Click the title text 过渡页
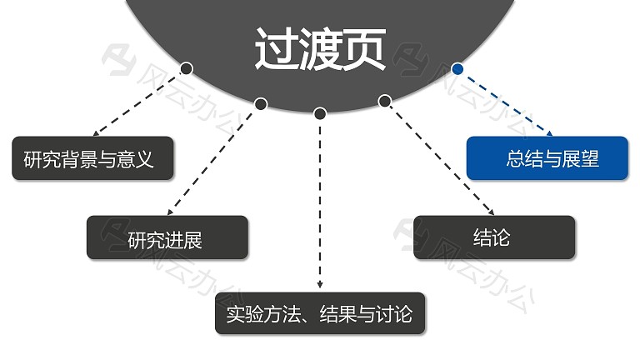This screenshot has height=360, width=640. [320, 49]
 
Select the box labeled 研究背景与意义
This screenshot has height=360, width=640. [92, 158]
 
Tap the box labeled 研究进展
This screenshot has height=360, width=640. [167, 237]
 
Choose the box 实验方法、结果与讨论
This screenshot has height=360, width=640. [320, 313]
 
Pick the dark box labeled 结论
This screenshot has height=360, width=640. [494, 237]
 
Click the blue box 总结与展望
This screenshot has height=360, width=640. [547, 158]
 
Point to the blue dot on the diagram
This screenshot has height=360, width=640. [457, 69]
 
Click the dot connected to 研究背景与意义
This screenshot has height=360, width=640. [186, 68]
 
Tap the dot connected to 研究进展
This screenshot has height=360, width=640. [261, 104]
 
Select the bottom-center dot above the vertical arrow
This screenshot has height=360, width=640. [320, 113]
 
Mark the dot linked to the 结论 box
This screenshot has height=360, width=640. [384, 101]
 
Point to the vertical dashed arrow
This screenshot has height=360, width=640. [320, 204]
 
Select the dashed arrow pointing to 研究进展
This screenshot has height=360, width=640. [212, 162]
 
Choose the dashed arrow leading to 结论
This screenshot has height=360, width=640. [442, 160]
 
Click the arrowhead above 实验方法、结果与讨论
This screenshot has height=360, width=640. [320, 285]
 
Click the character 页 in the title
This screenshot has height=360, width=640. [364, 49]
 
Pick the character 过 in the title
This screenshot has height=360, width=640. [277, 49]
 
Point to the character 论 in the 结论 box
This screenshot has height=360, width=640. [501, 237]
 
